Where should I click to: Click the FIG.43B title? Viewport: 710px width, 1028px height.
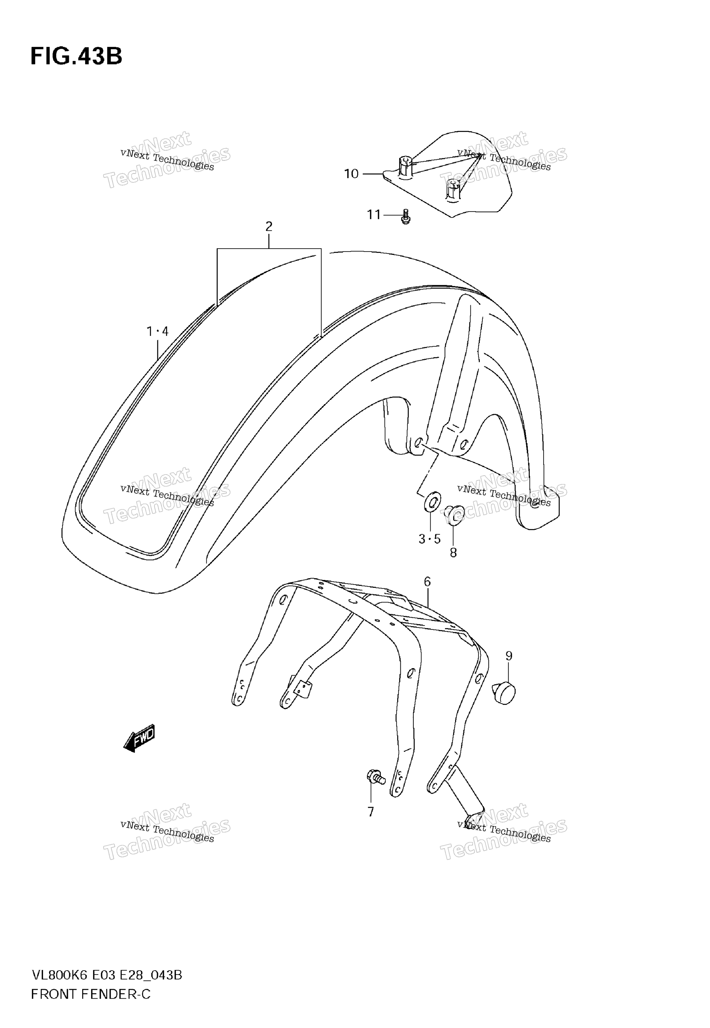tap(76, 57)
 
